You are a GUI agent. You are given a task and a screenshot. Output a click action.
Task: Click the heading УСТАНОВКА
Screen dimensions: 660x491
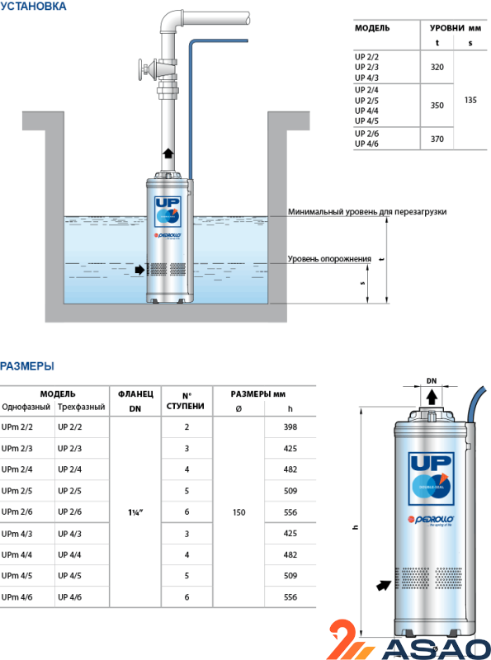pos(34,7)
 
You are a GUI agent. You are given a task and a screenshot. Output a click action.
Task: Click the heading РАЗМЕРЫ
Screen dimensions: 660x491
pos(27,366)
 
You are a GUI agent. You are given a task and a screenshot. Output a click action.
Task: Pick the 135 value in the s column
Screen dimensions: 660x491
pos(470,100)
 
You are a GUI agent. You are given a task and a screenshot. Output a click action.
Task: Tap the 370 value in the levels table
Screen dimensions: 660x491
pos(437,139)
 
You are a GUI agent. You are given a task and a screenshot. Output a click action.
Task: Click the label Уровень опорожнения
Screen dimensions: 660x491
pos(329,259)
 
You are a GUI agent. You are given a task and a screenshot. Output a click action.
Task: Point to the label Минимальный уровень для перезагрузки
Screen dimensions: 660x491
pos(367,212)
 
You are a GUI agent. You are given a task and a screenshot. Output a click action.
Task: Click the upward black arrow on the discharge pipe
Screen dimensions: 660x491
pos(169,153)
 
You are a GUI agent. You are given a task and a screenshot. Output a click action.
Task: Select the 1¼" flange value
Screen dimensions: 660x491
pos(135,513)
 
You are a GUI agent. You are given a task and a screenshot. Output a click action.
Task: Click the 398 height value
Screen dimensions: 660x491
pos(289,427)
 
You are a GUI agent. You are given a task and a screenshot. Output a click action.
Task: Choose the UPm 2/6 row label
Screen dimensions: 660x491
pos(17,513)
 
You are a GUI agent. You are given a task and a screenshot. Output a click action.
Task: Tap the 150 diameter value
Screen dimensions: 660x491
pos(239,513)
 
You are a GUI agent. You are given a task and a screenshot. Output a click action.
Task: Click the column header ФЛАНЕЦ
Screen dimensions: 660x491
pos(135,395)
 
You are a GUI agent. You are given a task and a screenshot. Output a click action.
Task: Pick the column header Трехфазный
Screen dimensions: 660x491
pos(81,408)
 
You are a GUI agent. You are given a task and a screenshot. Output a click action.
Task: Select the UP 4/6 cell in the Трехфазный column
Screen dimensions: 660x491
pos(70,597)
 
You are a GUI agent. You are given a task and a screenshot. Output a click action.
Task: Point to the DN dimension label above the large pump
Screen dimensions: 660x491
pos(431,380)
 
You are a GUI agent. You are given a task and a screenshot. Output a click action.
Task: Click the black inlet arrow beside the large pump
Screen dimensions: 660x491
pos(382,586)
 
